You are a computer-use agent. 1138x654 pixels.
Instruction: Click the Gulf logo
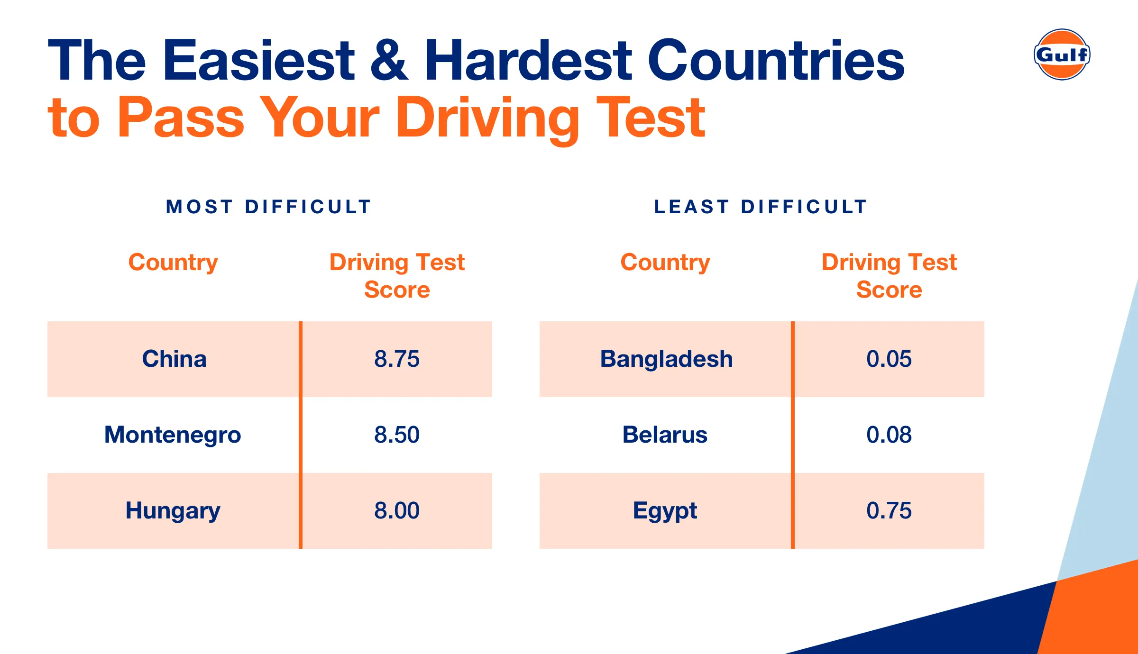[x=1062, y=54]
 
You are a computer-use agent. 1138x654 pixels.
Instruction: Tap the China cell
[x=174, y=359]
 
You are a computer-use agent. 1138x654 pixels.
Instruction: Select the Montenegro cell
[x=173, y=435]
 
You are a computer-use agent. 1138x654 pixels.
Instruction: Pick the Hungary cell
[x=173, y=510]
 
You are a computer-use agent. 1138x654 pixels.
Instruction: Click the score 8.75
[x=397, y=359]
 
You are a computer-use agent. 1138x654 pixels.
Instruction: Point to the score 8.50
[x=397, y=435]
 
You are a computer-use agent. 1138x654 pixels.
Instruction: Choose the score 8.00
[x=397, y=510]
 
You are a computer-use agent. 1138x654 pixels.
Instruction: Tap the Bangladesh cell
[x=666, y=359]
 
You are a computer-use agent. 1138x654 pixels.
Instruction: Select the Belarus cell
[x=665, y=435]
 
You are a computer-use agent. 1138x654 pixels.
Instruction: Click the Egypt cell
[x=665, y=510]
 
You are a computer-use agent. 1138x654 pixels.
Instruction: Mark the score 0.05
[x=889, y=359]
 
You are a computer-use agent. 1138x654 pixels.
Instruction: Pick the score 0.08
[x=889, y=435]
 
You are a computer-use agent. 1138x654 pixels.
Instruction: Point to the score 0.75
[x=889, y=510]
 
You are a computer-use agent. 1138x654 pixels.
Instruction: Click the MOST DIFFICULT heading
[x=269, y=207]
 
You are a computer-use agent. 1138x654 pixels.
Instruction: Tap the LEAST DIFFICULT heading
[x=761, y=207]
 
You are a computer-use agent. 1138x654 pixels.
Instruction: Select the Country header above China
[x=173, y=263]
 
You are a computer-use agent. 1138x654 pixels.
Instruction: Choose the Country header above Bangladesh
[x=665, y=263]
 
